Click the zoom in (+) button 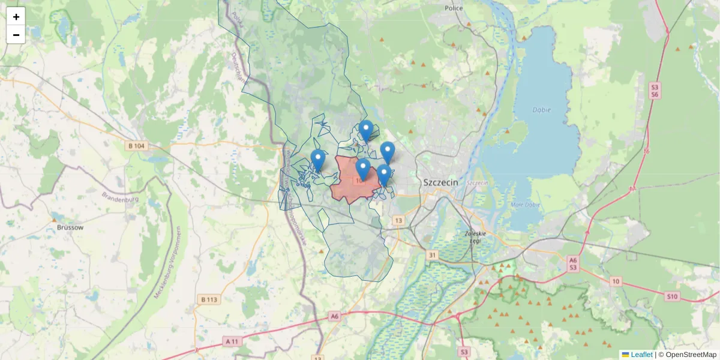[x=16, y=17]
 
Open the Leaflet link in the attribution [x=641, y=355]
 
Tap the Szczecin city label [x=441, y=182]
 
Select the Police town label [x=454, y=8]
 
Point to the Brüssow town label [x=70, y=227]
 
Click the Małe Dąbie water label [x=524, y=205]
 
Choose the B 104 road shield [x=136, y=146]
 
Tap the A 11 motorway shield [x=232, y=341]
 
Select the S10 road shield [x=672, y=296]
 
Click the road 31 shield [x=433, y=256]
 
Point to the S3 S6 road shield [x=655, y=91]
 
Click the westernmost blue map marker [x=318, y=160]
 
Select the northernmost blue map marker [x=365, y=130]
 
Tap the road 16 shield [x=646, y=151]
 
